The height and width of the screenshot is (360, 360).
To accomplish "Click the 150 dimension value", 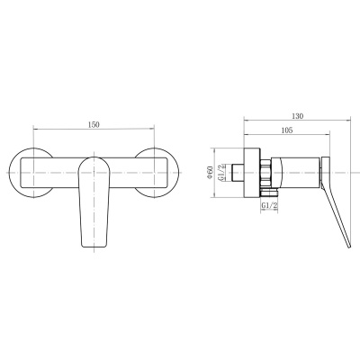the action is [x=94, y=125].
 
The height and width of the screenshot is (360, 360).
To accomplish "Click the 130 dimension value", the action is [x=298, y=116].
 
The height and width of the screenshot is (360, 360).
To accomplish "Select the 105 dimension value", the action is [x=287, y=130].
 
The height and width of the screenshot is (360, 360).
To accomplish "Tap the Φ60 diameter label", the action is [x=210, y=173].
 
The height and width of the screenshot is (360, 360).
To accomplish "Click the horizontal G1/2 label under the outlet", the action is [x=269, y=206].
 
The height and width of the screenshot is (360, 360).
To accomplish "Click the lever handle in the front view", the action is [x=94, y=202].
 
